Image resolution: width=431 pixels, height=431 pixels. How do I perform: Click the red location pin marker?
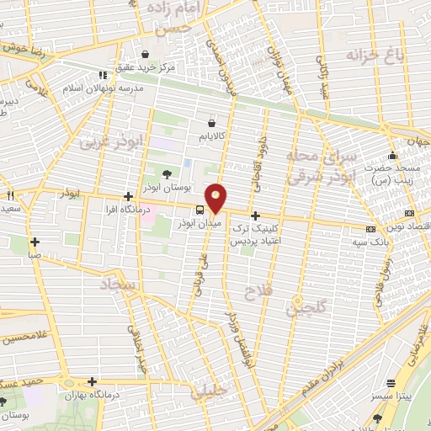(217, 197)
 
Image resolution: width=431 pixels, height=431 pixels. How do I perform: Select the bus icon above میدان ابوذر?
(199, 210)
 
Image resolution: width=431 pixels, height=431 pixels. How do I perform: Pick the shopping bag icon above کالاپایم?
(212, 120)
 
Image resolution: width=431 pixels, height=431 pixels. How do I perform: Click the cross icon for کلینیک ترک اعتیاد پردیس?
(255, 216)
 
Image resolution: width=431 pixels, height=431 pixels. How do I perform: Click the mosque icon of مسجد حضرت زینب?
(391, 155)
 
